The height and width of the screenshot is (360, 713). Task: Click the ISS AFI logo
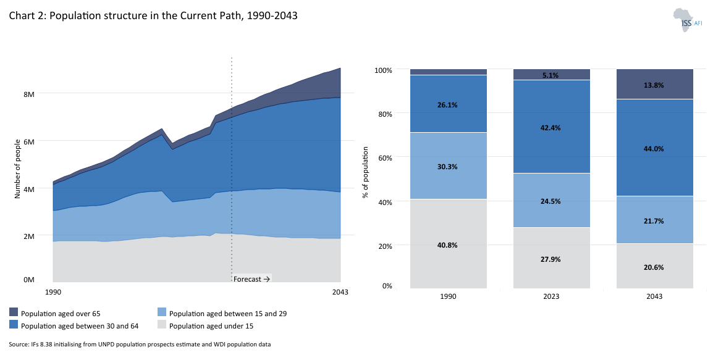point(687,20)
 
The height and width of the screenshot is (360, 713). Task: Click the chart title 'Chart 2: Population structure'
point(153,16)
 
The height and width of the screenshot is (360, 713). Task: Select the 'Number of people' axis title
point(17,169)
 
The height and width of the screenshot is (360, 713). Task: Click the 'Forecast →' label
point(252,279)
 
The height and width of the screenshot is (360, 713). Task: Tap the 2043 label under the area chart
point(340,292)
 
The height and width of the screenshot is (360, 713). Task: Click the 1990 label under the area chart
point(54,292)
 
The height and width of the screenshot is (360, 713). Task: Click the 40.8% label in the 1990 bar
point(448,245)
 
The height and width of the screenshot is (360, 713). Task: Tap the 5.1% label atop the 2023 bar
point(551,75)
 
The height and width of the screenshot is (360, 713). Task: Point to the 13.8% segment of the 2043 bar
point(654,85)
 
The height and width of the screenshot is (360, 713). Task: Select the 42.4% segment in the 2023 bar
point(551,127)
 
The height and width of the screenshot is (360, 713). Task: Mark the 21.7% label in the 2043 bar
point(654,220)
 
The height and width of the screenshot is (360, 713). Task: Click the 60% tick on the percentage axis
point(383,157)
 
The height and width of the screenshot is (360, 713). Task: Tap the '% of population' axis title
point(366,173)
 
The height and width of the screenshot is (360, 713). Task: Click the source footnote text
point(140,344)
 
